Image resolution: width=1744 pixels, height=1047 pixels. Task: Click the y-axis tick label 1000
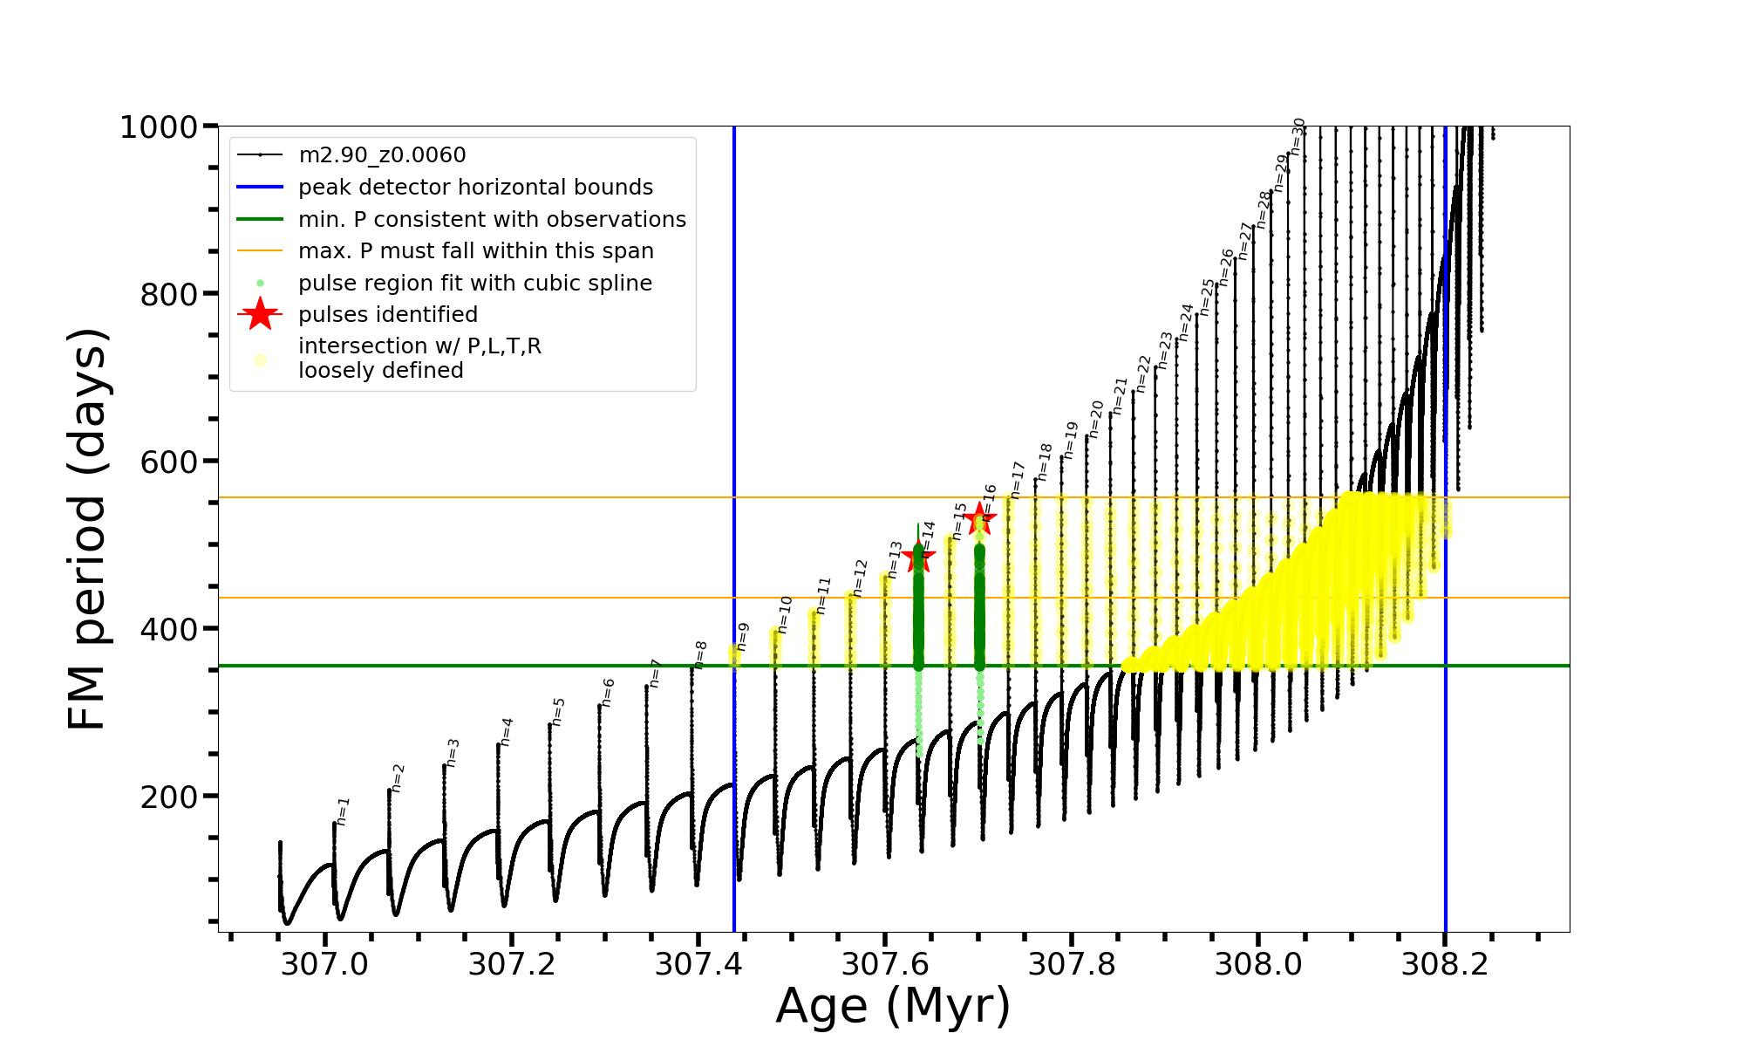click(x=159, y=127)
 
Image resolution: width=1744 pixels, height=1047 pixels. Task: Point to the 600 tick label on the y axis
click(x=169, y=462)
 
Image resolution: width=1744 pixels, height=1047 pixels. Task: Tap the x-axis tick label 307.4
click(x=698, y=964)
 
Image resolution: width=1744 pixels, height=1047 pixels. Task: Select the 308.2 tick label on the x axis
click(x=1444, y=964)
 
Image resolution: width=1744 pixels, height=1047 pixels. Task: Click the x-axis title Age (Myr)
click(x=893, y=1006)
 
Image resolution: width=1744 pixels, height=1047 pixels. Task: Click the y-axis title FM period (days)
click(x=88, y=529)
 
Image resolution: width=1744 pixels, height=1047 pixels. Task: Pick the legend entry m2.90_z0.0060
click(x=382, y=155)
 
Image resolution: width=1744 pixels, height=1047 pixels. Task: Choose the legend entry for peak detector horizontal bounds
click(x=475, y=188)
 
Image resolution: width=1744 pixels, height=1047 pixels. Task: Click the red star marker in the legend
click(x=260, y=314)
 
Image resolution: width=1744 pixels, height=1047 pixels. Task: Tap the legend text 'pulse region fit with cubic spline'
click(x=475, y=284)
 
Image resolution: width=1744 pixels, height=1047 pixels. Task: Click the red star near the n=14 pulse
click(x=917, y=557)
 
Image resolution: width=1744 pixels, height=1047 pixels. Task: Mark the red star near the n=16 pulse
click(x=980, y=518)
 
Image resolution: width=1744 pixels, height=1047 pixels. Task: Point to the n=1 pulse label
click(x=343, y=811)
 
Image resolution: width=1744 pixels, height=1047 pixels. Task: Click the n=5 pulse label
click(x=558, y=711)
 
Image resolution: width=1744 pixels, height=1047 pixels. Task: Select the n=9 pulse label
click(x=742, y=636)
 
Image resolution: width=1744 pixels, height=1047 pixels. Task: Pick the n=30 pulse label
click(x=1298, y=136)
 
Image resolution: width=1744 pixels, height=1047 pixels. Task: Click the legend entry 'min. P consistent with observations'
click(x=492, y=220)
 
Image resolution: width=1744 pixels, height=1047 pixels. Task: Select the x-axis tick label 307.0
click(x=324, y=964)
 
